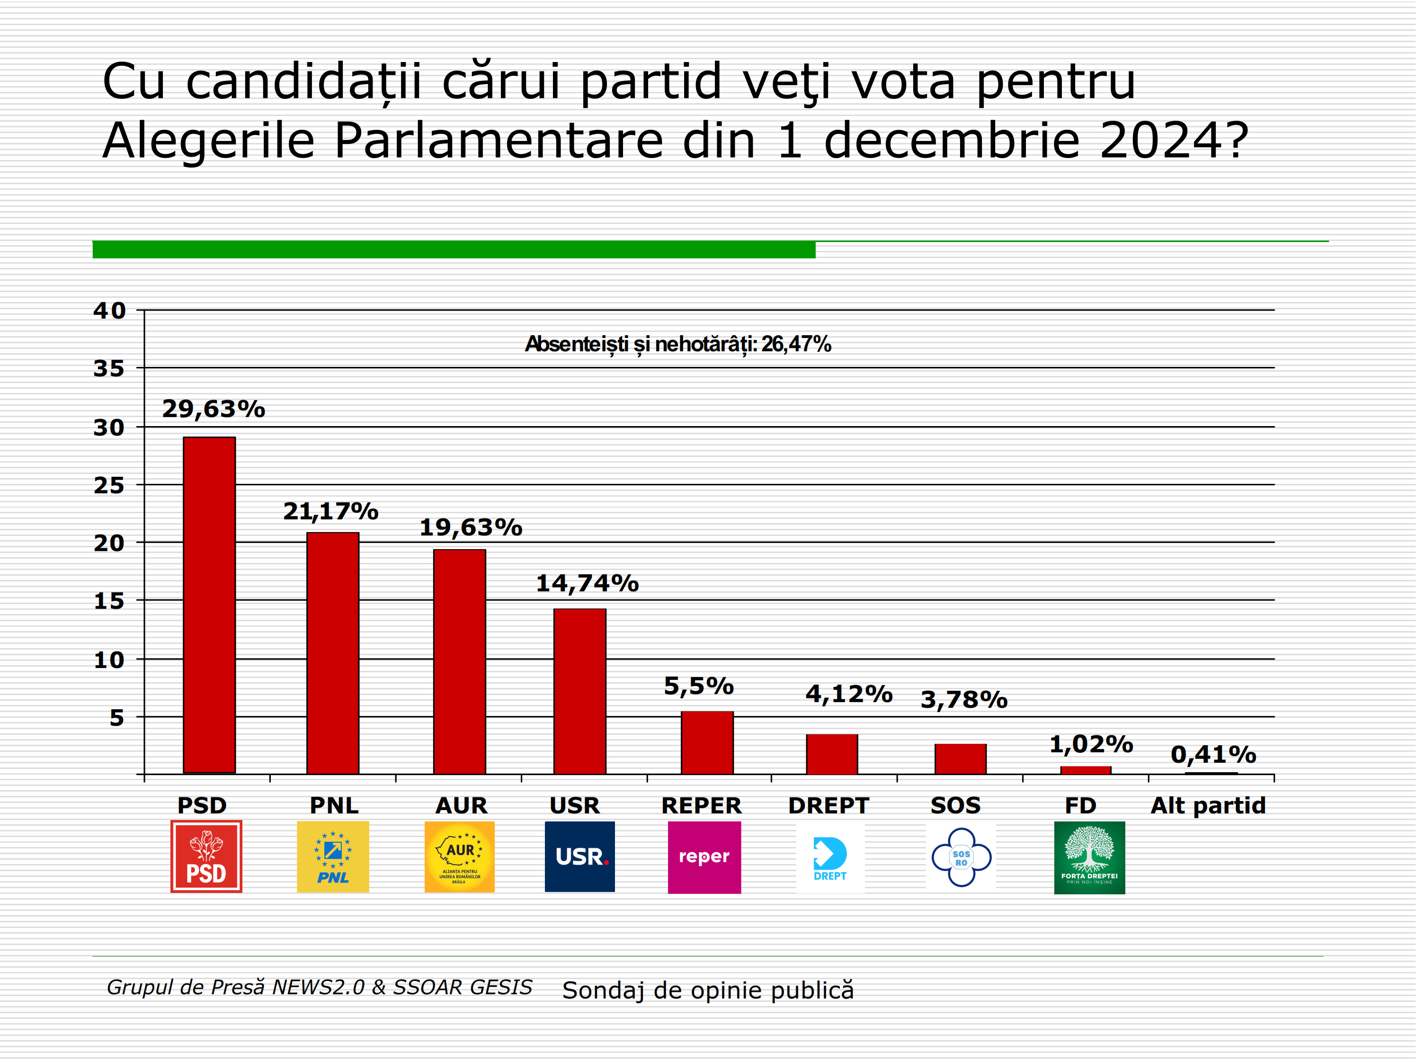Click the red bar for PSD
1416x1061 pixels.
coord(209,605)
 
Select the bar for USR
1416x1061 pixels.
coord(579,692)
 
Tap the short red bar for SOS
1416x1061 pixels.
coord(960,759)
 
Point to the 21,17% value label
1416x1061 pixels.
coord(330,511)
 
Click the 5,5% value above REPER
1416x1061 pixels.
coord(698,686)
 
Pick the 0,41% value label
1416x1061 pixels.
coord(1213,754)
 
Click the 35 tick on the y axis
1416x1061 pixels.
coord(109,368)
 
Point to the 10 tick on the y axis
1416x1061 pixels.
coord(109,660)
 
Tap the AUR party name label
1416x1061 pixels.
coord(461,805)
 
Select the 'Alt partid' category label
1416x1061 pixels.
coord(1208,805)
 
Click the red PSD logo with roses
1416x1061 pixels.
coord(206,856)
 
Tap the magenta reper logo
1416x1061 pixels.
coord(704,857)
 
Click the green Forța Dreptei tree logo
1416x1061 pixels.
coord(1089,857)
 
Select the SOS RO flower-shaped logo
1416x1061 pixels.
coord(961,857)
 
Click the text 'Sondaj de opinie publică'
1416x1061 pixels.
coord(707,990)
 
